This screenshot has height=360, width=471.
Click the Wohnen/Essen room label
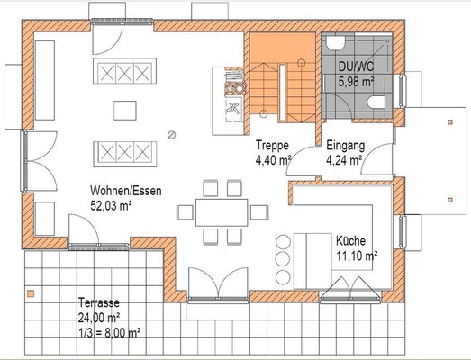tap(126, 191)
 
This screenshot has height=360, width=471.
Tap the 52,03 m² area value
tap(112, 206)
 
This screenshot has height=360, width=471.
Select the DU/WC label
tap(357, 67)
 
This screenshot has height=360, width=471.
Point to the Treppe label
tap(272, 145)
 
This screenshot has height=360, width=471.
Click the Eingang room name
tap(346, 146)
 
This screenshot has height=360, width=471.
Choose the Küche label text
tap(350, 241)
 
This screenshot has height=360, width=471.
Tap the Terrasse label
tap(99, 302)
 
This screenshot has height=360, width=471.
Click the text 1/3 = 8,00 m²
tap(110, 333)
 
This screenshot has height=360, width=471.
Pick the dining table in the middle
tap(222, 212)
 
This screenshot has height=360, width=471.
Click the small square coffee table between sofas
tap(125, 111)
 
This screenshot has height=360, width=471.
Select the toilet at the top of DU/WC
tap(336, 43)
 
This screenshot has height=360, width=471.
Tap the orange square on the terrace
tap(31, 293)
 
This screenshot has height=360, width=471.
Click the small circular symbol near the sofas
tap(172, 135)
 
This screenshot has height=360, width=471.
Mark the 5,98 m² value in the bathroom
tap(357, 81)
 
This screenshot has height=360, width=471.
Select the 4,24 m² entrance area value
tap(344, 160)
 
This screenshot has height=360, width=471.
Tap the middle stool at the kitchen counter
tap(283, 258)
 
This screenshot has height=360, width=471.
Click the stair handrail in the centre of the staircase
tap(283, 93)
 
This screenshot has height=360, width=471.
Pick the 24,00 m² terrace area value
tap(99, 318)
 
